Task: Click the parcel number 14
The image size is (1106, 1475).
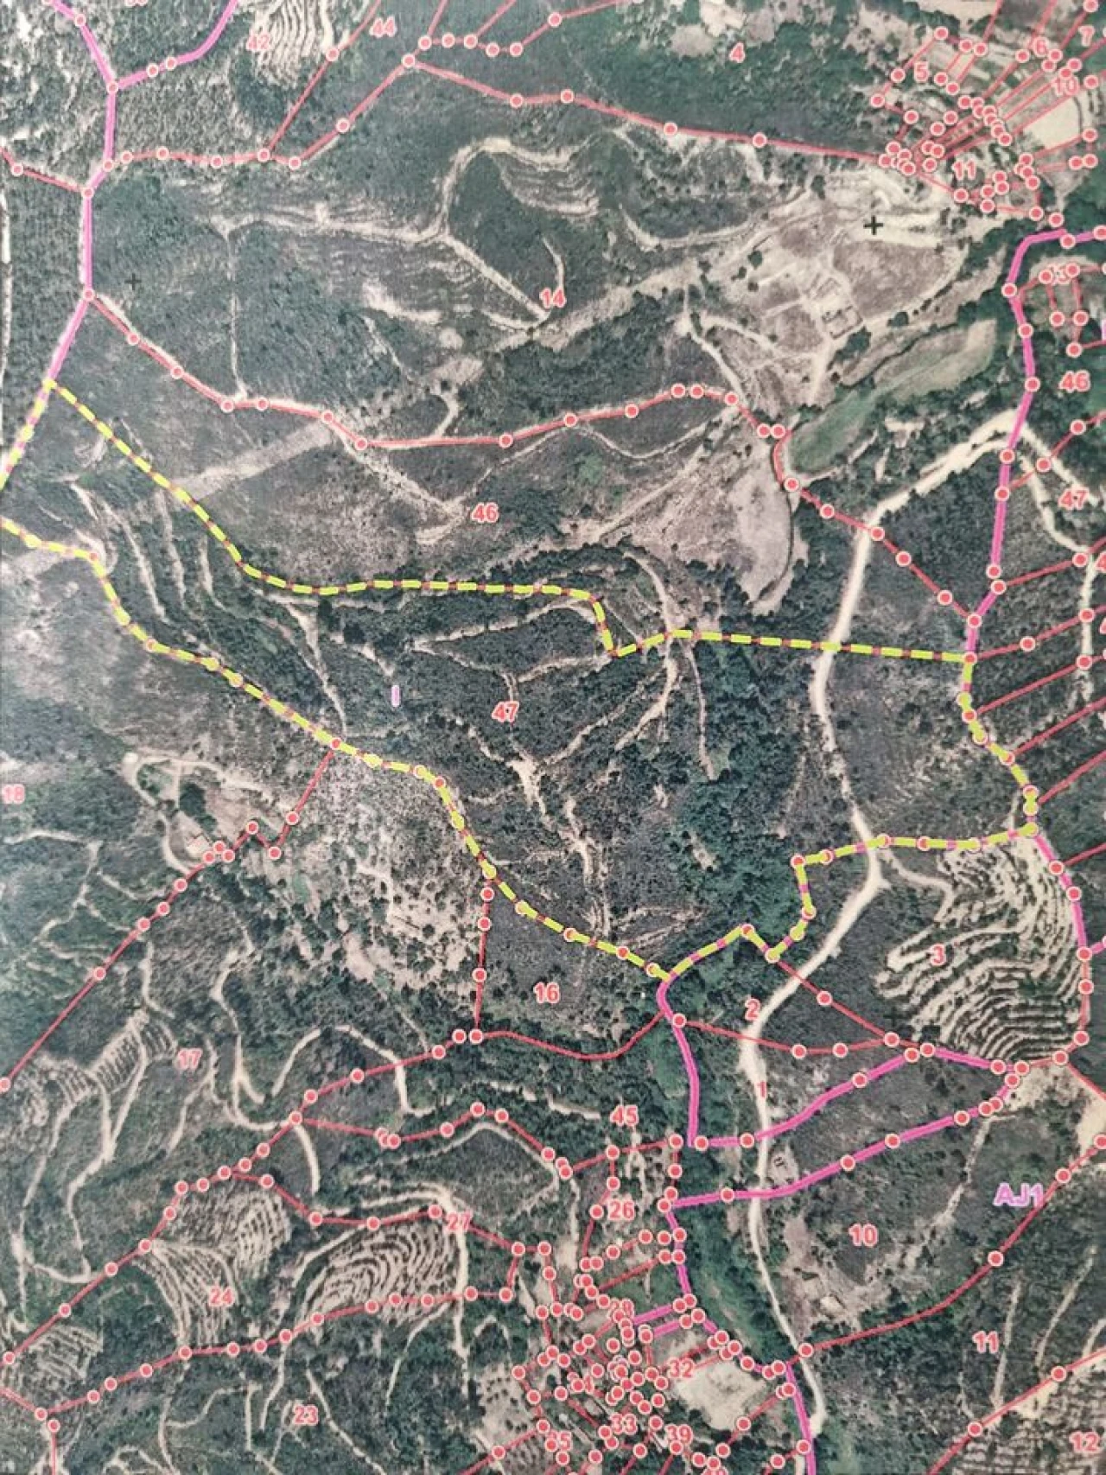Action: click(552, 300)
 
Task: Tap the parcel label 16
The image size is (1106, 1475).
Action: click(547, 994)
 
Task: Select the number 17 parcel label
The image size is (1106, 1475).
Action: click(188, 1060)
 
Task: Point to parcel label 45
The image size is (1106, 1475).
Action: click(624, 1116)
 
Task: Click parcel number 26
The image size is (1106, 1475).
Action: click(620, 1208)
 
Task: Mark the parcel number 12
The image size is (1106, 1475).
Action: click(1081, 1441)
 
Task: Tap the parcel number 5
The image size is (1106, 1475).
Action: click(921, 73)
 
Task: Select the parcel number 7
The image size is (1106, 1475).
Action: click(1086, 37)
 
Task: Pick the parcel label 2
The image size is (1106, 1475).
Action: click(751, 1008)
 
